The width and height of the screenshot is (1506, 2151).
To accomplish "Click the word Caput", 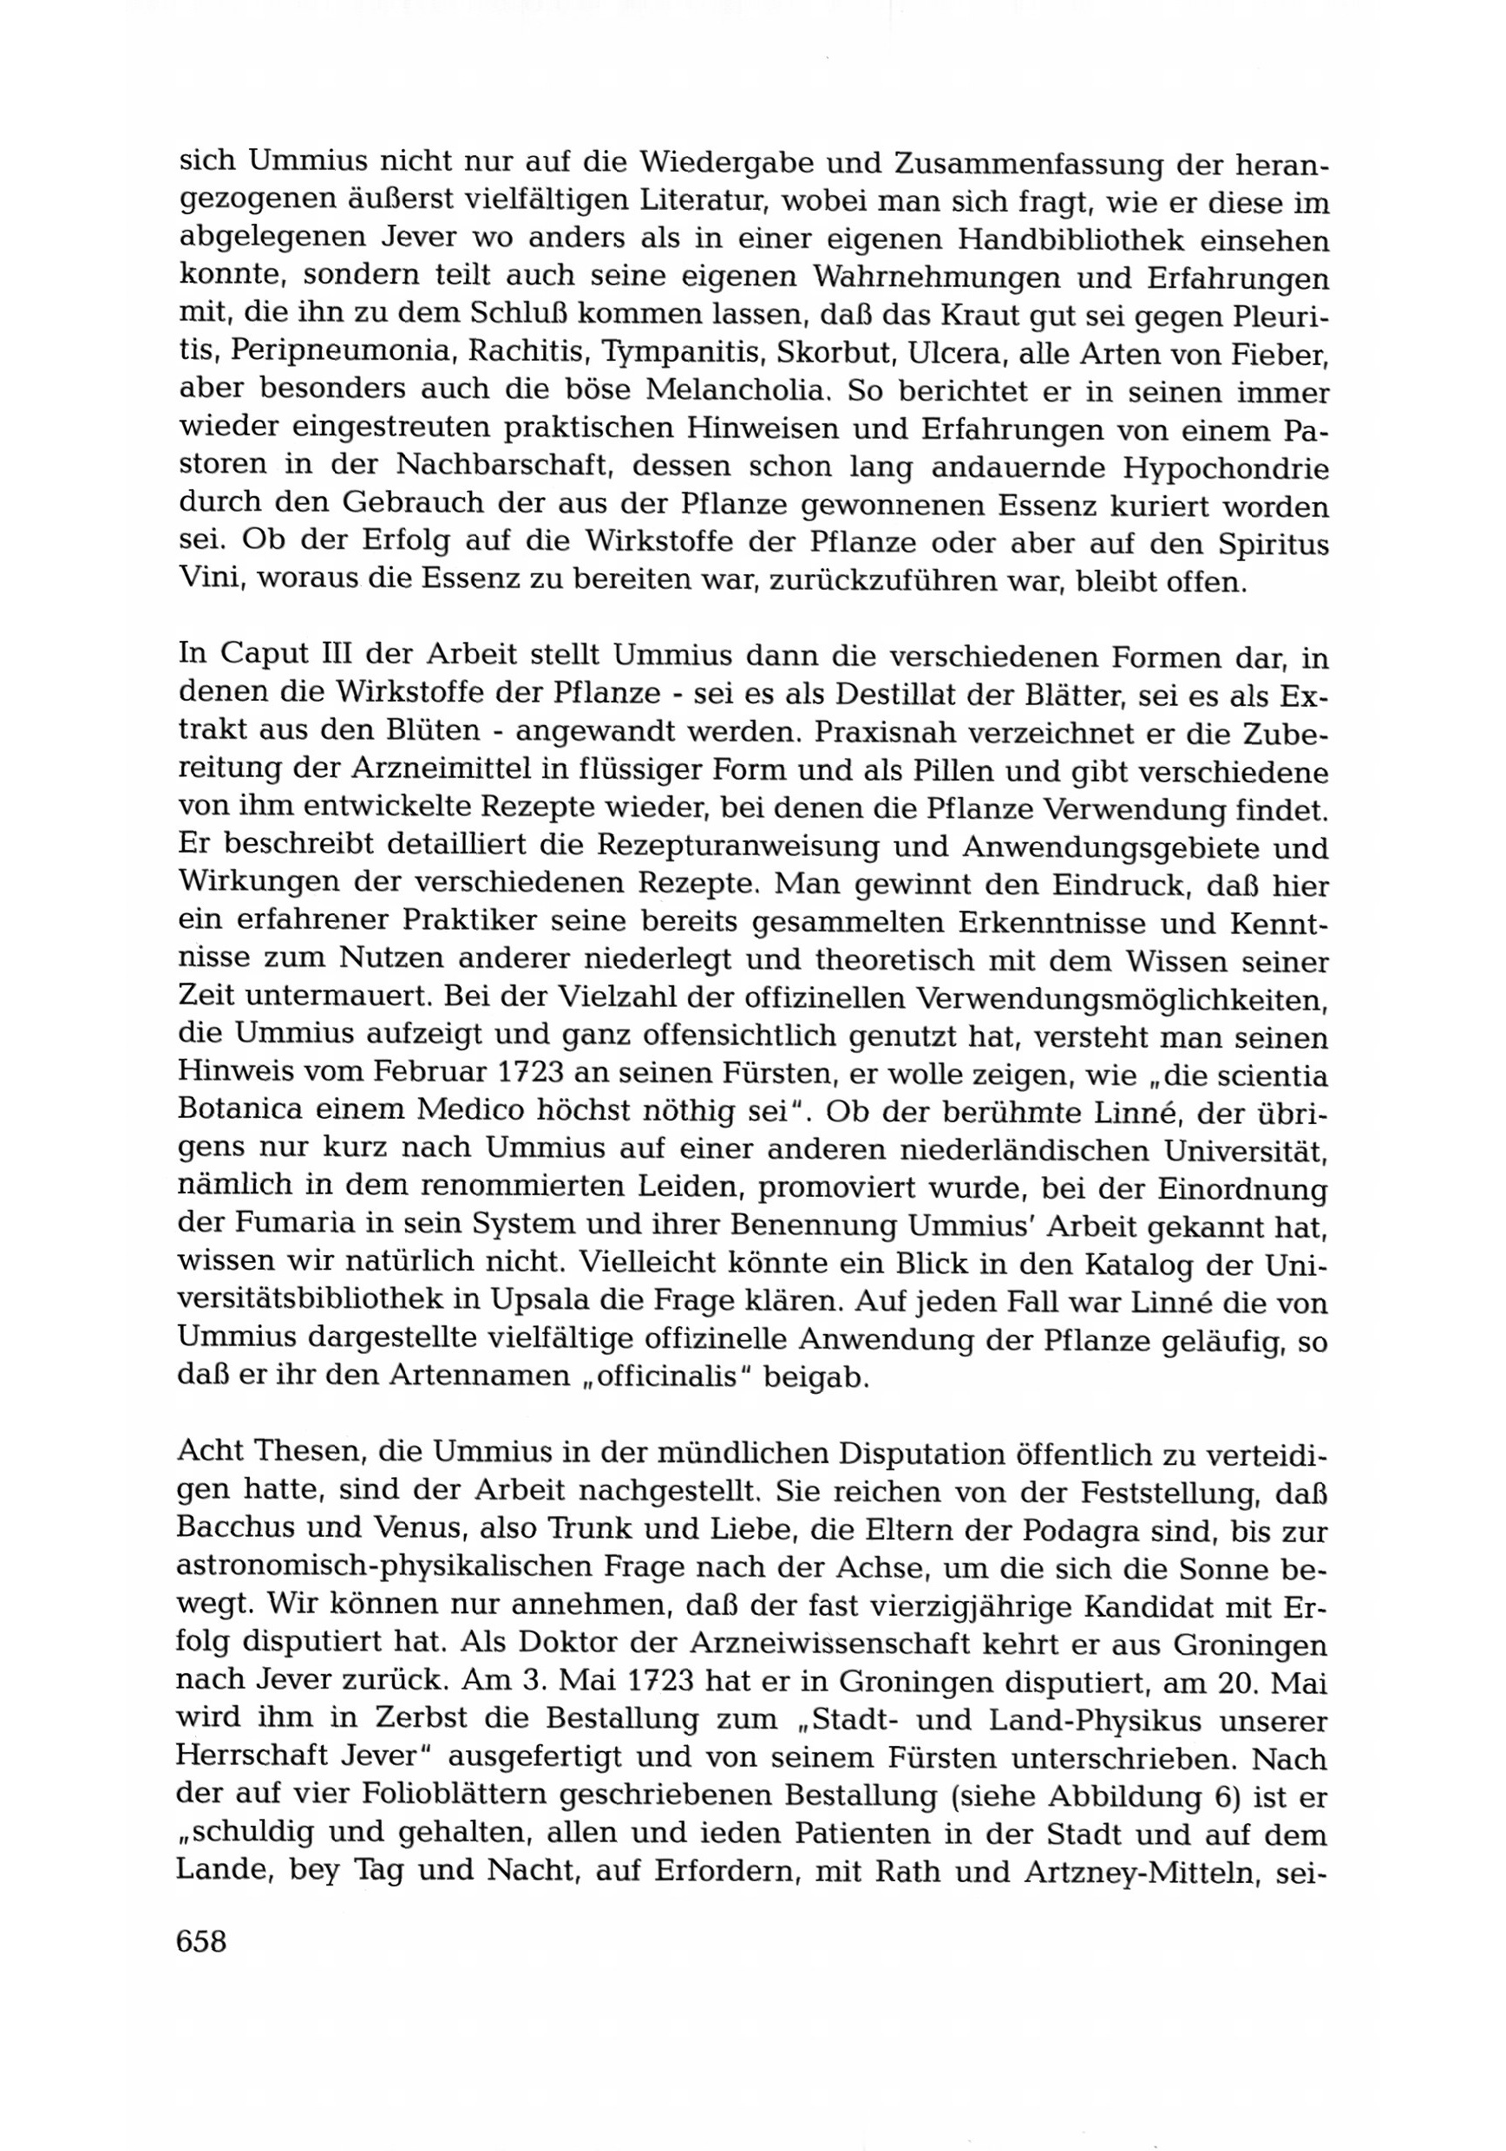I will click(267, 656).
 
